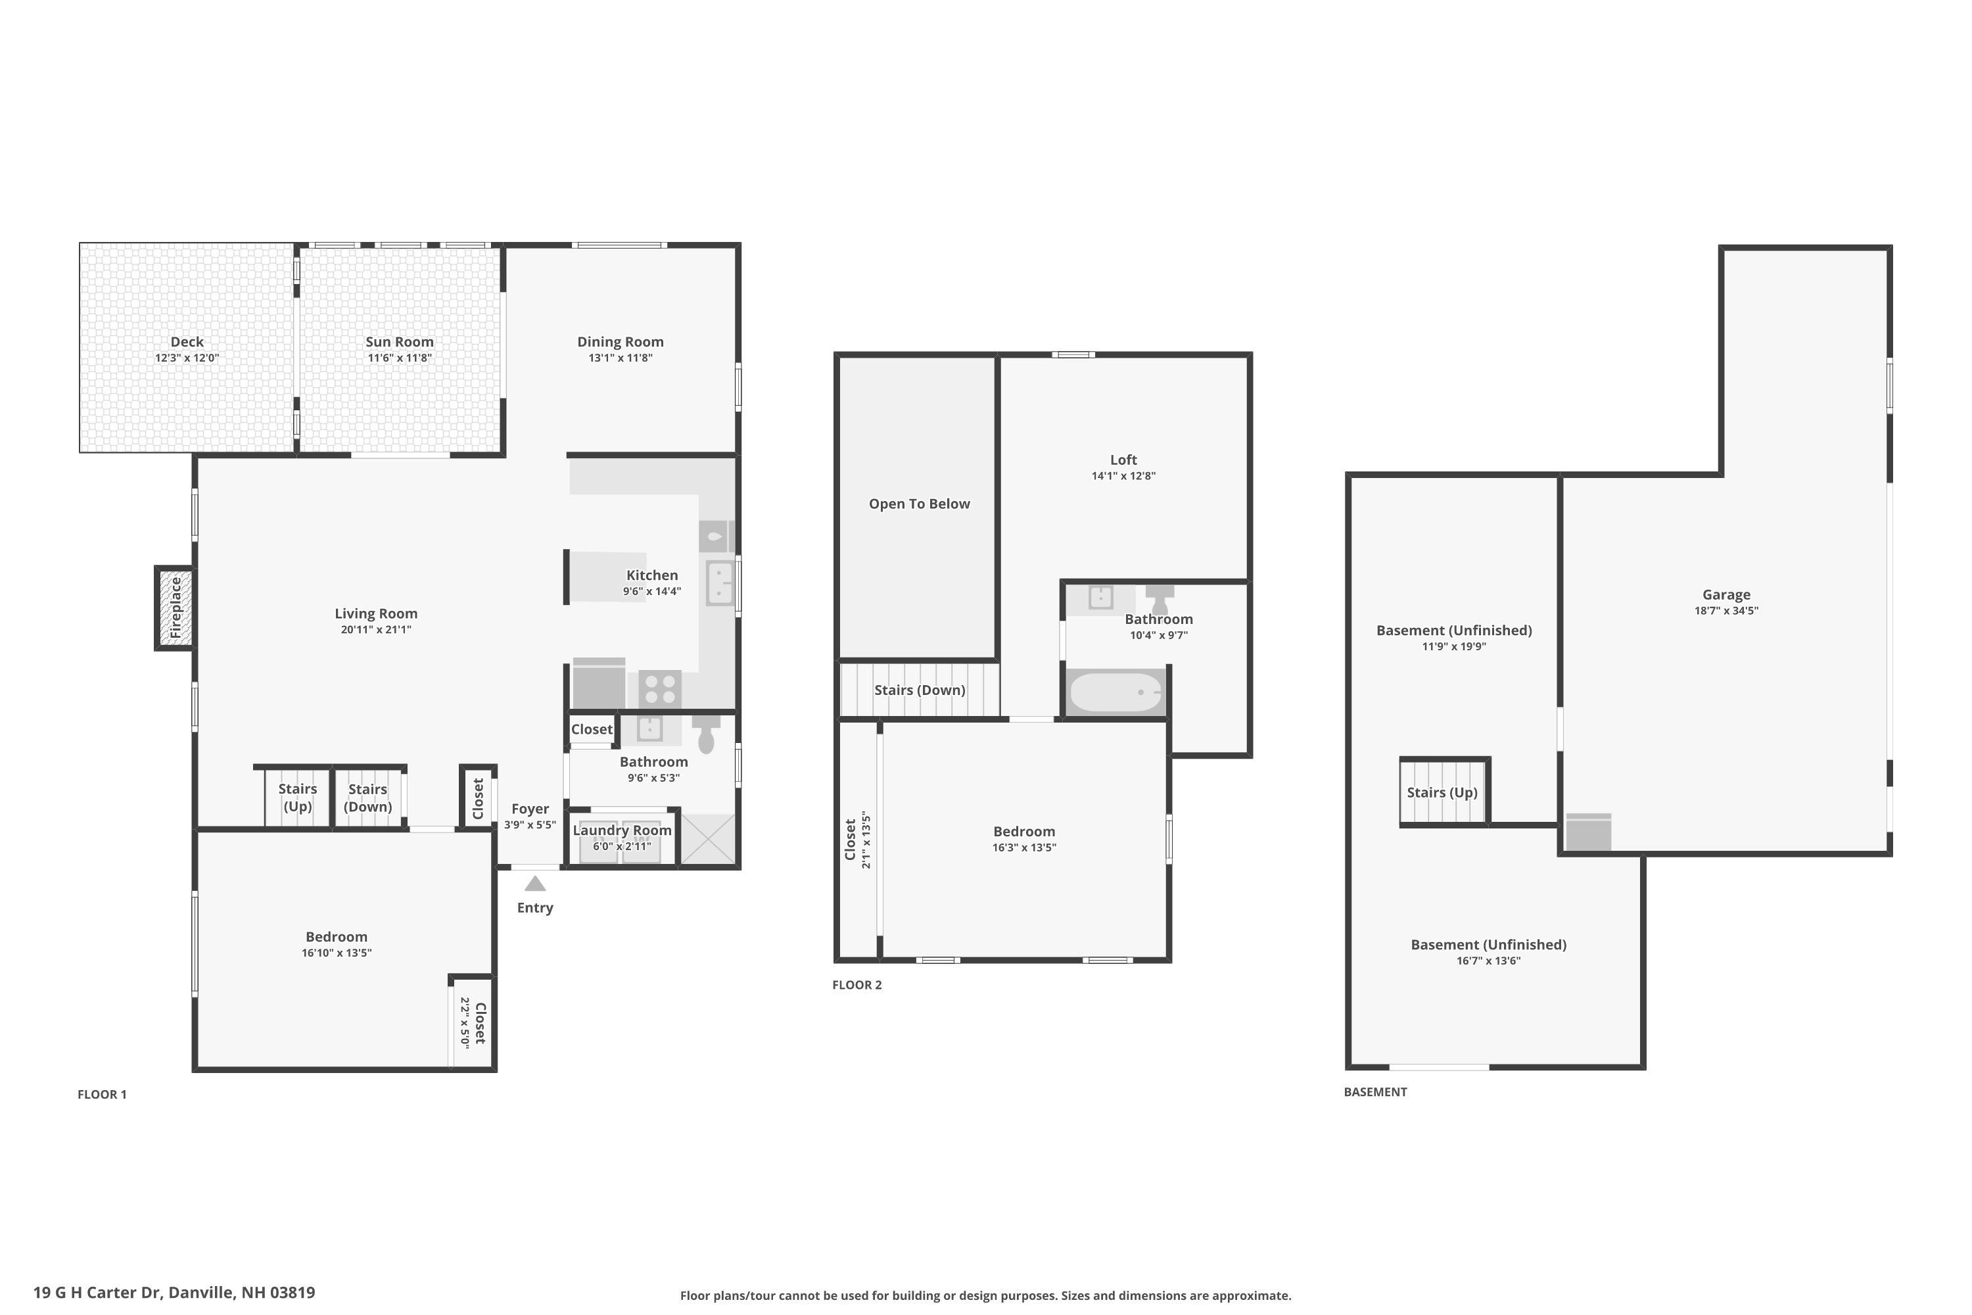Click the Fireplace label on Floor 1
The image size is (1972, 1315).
click(176, 608)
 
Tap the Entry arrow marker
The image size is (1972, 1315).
click(535, 884)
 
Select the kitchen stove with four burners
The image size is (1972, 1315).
click(660, 689)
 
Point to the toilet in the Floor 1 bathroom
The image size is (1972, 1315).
click(706, 734)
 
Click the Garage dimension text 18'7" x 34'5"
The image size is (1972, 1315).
click(1725, 611)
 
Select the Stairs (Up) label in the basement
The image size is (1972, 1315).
click(1442, 792)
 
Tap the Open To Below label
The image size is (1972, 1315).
click(919, 504)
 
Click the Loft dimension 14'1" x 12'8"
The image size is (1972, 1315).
click(1123, 475)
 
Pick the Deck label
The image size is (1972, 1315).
click(187, 341)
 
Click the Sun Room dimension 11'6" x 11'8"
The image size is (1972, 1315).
click(399, 358)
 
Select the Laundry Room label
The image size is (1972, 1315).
click(622, 830)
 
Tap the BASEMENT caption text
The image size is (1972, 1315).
click(1375, 1092)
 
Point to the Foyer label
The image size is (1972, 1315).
click(530, 809)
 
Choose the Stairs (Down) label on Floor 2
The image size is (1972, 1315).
click(919, 690)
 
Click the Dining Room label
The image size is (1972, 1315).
click(620, 341)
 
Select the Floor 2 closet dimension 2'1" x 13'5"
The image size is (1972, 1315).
click(866, 840)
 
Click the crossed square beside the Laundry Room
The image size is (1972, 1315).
click(709, 839)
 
